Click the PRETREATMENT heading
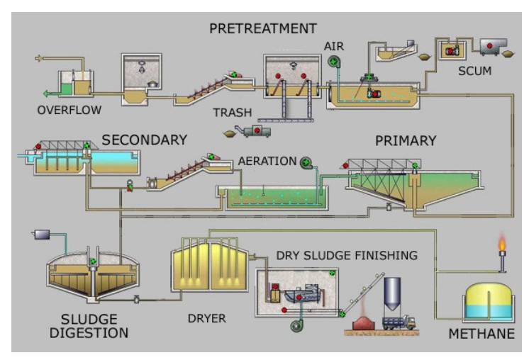click(262, 29)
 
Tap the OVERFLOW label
click(69, 110)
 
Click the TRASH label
click(232, 113)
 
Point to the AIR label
click(334, 46)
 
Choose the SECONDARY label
click(144, 140)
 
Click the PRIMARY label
click(405, 140)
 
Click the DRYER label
click(207, 318)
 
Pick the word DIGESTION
click(94, 333)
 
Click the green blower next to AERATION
click(306, 163)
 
